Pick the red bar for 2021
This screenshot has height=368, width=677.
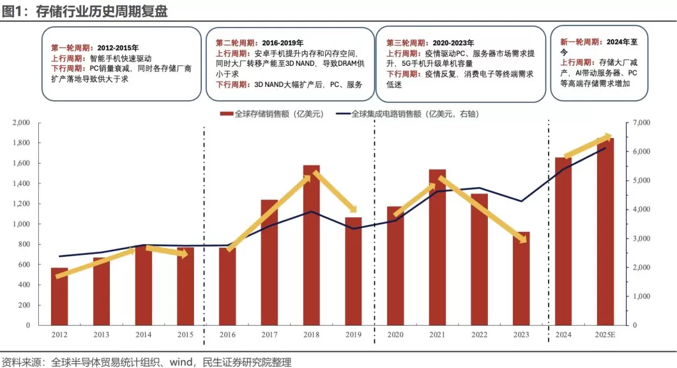(437, 256)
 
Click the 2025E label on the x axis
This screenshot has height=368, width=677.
(605, 334)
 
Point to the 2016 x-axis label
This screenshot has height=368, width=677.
(227, 334)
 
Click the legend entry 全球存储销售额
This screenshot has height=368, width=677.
(271, 114)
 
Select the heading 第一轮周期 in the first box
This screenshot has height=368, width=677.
(72, 47)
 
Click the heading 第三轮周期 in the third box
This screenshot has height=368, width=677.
(407, 43)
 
